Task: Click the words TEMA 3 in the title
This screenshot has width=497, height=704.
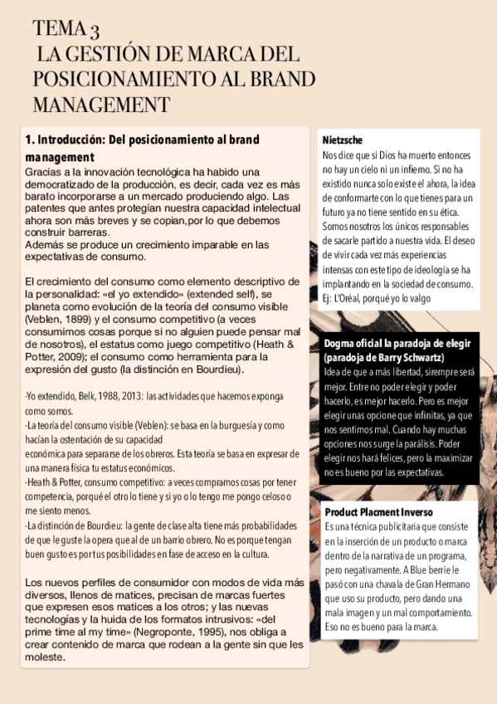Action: click(66, 31)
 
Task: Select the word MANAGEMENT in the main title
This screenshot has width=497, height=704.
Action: click(101, 105)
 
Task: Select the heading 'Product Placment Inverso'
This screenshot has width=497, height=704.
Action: click(378, 511)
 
